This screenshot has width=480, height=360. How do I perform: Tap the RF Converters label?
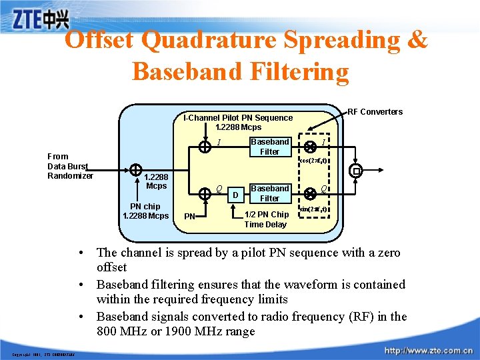375,111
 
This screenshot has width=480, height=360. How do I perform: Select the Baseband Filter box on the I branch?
269,147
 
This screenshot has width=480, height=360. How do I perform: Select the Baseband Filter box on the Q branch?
269,193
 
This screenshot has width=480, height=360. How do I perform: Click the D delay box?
235,195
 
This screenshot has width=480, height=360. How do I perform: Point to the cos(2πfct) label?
313,161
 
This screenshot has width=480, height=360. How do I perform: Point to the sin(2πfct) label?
313,209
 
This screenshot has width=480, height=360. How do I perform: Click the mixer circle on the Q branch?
309,193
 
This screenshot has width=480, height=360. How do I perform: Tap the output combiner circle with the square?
356,171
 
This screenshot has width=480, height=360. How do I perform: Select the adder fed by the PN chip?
135,171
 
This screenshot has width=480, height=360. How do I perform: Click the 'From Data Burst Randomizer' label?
70,166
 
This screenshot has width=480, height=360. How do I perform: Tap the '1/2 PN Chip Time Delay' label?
266,219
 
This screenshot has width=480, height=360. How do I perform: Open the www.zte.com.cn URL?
429,350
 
